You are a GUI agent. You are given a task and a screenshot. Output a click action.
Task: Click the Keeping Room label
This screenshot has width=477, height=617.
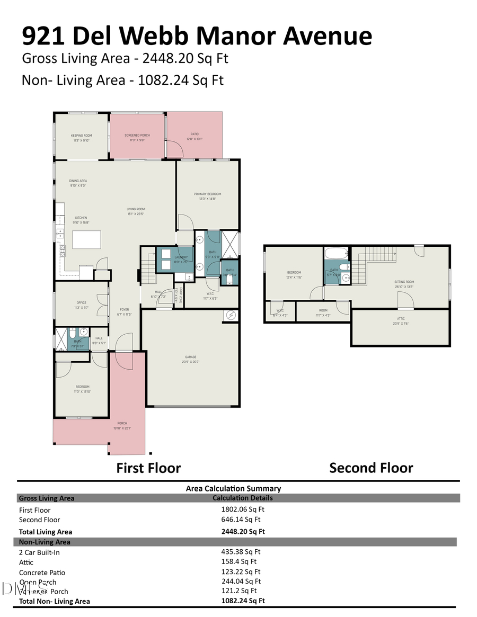tap(82, 136)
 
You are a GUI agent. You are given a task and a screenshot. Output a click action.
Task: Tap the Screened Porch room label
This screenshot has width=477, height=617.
tap(137, 136)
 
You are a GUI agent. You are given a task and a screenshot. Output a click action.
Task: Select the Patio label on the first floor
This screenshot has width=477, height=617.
tap(195, 135)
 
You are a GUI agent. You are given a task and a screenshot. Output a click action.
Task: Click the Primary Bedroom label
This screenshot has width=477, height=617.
tap(207, 194)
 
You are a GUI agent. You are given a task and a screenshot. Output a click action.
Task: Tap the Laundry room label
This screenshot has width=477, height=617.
tap(181, 257)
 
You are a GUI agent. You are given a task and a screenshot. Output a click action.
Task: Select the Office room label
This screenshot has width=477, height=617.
tap(82, 303)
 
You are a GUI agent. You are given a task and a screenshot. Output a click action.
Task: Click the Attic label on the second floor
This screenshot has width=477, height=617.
tap(401, 319)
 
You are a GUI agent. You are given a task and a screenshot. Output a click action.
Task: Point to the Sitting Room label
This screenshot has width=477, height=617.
tap(404, 282)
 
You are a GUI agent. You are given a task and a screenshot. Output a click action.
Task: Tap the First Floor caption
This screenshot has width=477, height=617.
tap(148, 468)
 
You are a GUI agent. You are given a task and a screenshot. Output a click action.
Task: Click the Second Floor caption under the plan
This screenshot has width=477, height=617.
tap(370, 468)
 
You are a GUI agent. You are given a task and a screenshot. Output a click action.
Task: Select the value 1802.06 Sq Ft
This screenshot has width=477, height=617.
tap(241, 509)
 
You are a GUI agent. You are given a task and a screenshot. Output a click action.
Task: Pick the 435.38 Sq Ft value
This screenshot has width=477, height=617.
tap(241, 552)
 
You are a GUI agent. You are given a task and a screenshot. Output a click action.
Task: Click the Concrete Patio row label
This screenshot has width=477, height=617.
tap(42, 572)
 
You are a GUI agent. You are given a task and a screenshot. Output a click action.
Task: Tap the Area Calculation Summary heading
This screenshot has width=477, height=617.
tap(233, 488)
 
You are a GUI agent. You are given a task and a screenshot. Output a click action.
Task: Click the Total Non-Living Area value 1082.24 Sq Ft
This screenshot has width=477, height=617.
tap(243, 601)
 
